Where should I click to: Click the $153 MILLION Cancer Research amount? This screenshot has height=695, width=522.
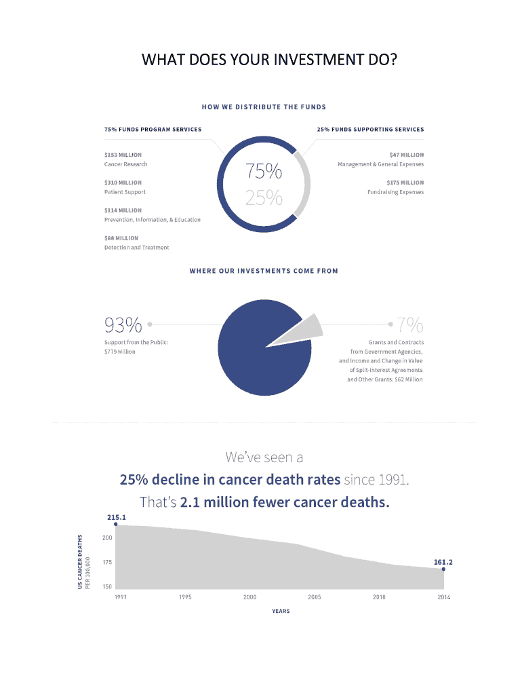point(123,155)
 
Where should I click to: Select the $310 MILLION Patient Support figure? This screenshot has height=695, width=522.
point(123,183)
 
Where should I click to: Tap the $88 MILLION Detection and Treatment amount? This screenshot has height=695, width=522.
point(121,238)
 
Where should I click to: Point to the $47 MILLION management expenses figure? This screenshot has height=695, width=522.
point(407,155)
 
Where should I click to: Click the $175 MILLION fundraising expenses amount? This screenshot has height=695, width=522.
point(405,183)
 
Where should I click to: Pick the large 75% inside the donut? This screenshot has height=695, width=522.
point(264,171)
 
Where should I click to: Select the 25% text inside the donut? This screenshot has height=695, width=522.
point(264,198)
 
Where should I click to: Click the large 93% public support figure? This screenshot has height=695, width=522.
point(123,324)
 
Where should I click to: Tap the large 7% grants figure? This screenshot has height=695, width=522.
point(410,324)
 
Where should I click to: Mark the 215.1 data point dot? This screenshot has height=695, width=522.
point(116,524)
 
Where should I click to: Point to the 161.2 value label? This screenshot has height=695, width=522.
point(443,562)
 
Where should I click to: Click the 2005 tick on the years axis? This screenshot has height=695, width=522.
point(315,597)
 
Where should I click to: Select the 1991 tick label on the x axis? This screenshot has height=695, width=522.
point(121,597)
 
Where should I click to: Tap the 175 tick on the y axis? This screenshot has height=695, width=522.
point(107,563)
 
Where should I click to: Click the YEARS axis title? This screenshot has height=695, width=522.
point(281,611)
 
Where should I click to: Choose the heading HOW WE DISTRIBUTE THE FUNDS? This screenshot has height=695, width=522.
point(264,107)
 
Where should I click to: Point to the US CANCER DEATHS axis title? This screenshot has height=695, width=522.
point(80,562)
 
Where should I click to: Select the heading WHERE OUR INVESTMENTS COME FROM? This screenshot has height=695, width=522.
point(264,271)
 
